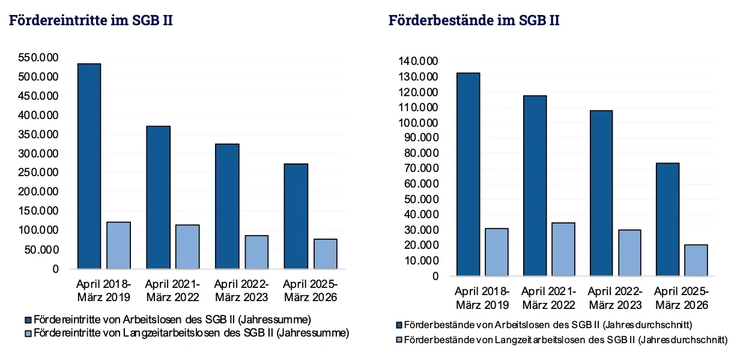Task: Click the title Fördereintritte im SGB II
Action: pos(91,20)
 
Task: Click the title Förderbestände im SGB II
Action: pos(474,20)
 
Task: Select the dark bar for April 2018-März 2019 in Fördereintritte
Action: pos(89,166)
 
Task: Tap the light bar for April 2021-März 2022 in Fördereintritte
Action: pos(187,246)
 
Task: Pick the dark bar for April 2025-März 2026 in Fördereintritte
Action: pos(296,216)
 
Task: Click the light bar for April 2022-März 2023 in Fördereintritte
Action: pos(256,252)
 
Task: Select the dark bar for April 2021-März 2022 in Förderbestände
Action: pos(535,186)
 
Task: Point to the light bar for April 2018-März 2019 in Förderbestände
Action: pos(497,252)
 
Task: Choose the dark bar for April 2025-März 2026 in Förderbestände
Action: pos(668,219)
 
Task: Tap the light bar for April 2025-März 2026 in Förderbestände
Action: pos(696,260)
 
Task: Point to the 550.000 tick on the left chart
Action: pos(38,57)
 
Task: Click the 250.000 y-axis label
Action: pos(38,172)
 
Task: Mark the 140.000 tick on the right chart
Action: pos(418,61)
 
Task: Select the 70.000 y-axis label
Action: pos(421,168)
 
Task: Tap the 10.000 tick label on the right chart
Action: pos(421,260)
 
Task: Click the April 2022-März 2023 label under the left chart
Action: pos(241,290)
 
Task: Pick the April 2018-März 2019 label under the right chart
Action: pos(482,298)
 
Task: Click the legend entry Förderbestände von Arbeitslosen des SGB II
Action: pos(544,325)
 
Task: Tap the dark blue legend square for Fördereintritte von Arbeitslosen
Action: pos(28,320)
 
